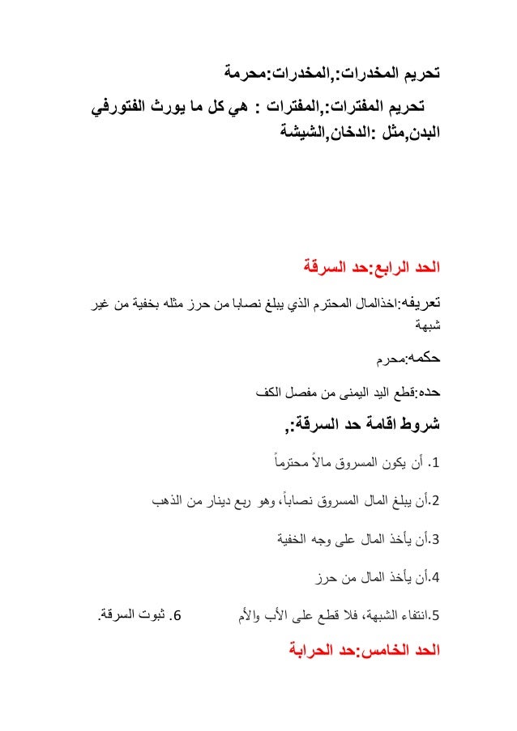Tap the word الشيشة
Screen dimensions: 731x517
[x=300, y=129]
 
